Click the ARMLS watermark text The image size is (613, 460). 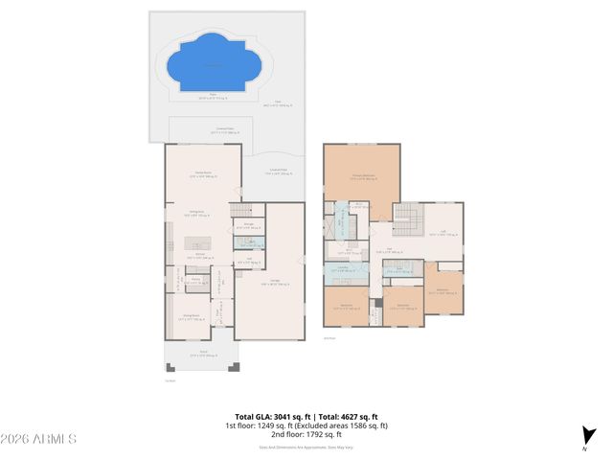point(39,439)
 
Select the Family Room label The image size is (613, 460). point(202,173)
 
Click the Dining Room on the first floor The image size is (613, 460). point(192,316)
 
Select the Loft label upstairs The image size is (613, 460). point(441,231)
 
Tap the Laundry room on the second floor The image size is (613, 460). point(342,269)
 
